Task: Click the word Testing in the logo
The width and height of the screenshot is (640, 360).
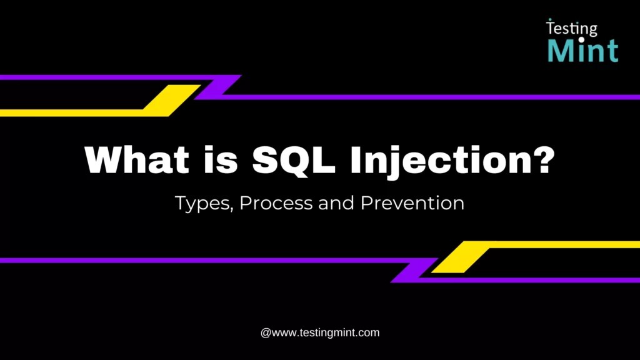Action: (572, 28)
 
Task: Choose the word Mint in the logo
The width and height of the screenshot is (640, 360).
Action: (583, 50)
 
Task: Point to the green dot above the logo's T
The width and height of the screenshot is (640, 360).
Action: (549, 20)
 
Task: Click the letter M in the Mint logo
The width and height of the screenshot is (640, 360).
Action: (559, 50)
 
